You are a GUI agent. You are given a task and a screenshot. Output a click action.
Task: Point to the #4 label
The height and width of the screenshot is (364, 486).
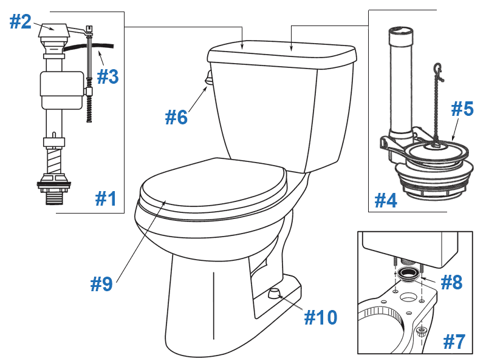pyautogui.click(x=385, y=200)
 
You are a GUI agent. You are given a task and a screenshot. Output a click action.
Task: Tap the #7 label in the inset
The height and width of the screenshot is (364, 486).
pyautogui.click(x=454, y=342)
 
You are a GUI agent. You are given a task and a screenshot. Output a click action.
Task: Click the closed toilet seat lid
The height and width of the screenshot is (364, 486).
pyautogui.click(x=213, y=186)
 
